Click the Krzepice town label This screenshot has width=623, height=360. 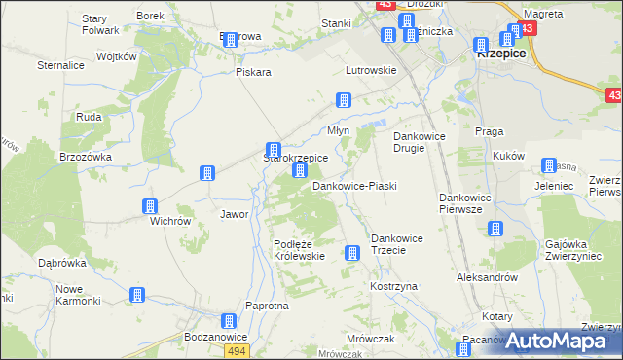coord(501,54)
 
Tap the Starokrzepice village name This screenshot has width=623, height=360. coord(296,157)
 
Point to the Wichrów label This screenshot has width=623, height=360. coord(169,221)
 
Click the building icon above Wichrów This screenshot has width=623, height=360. coord(150,206)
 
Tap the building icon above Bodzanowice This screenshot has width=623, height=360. coord(228,321)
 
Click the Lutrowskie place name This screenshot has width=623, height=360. coord(371,70)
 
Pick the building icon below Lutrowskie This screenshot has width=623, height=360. coord(343,99)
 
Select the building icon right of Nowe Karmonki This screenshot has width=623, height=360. coord(137,294)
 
